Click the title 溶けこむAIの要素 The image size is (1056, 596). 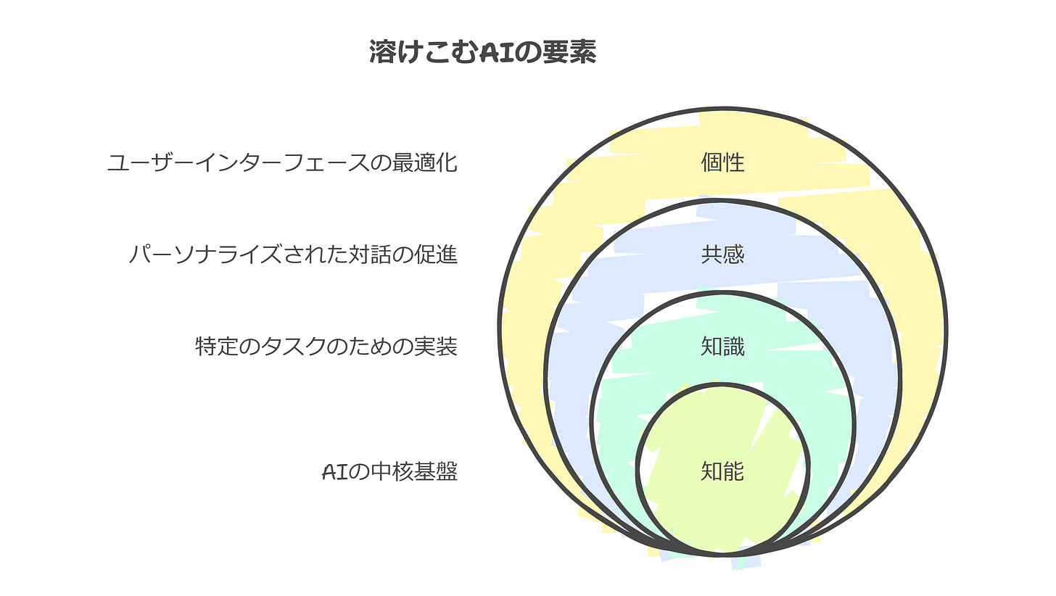coord(482,52)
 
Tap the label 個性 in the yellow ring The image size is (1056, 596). coord(722,162)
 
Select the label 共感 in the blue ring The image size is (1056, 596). coord(722,254)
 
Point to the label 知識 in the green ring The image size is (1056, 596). coord(722,347)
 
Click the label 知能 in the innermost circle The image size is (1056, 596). coord(722,472)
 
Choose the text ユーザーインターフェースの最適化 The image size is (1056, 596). coord(282,162)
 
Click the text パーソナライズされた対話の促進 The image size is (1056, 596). coord(293,255)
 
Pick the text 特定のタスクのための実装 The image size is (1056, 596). coord(326,347)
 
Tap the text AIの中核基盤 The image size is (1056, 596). coord(389,473)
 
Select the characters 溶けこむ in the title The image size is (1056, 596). coord(413,52)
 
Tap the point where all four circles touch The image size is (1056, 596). coord(722,555)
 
